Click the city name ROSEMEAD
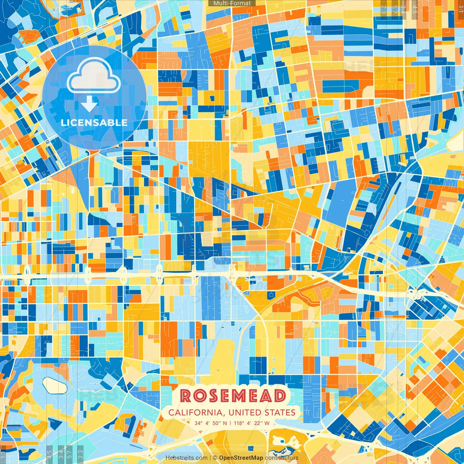(x=233, y=395)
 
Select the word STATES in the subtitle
(x=280, y=413)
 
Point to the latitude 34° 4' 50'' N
(x=211, y=423)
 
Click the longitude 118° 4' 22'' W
(x=252, y=423)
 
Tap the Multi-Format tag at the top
(x=232, y=3)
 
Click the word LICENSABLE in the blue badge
(x=94, y=123)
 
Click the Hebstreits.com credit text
(x=186, y=458)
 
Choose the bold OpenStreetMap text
(x=241, y=458)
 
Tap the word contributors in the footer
(x=282, y=458)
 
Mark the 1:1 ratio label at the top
(x=460, y=8)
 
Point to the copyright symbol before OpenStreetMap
(x=215, y=458)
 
